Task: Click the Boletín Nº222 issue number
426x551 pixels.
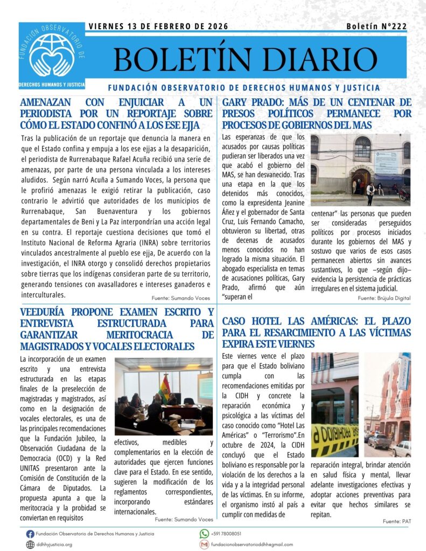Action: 376,26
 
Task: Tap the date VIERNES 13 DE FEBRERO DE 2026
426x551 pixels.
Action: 158,26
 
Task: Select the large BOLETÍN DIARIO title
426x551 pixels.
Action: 245,59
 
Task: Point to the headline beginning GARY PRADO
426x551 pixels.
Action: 316,114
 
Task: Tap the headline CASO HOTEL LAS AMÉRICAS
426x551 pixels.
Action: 316,332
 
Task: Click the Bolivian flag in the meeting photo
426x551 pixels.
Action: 164,387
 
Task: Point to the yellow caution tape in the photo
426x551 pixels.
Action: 334,439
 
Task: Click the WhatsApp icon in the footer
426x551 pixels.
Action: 204,533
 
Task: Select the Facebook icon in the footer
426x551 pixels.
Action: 30,533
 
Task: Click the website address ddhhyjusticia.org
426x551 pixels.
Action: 54,545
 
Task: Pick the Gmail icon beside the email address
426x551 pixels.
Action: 204,545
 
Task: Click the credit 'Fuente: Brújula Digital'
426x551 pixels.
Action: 384,298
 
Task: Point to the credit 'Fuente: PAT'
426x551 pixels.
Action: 396,521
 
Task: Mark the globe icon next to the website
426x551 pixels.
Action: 30,545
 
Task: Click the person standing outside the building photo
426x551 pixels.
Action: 371,193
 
